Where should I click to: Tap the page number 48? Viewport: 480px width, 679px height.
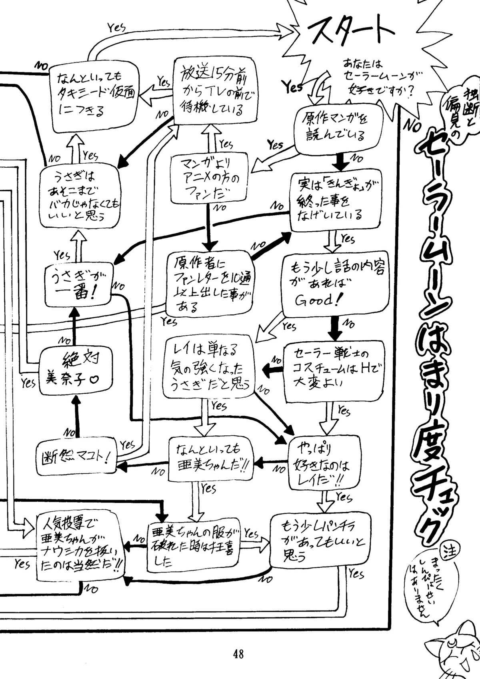(239, 655)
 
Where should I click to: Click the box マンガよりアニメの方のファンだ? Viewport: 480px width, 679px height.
(208, 179)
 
